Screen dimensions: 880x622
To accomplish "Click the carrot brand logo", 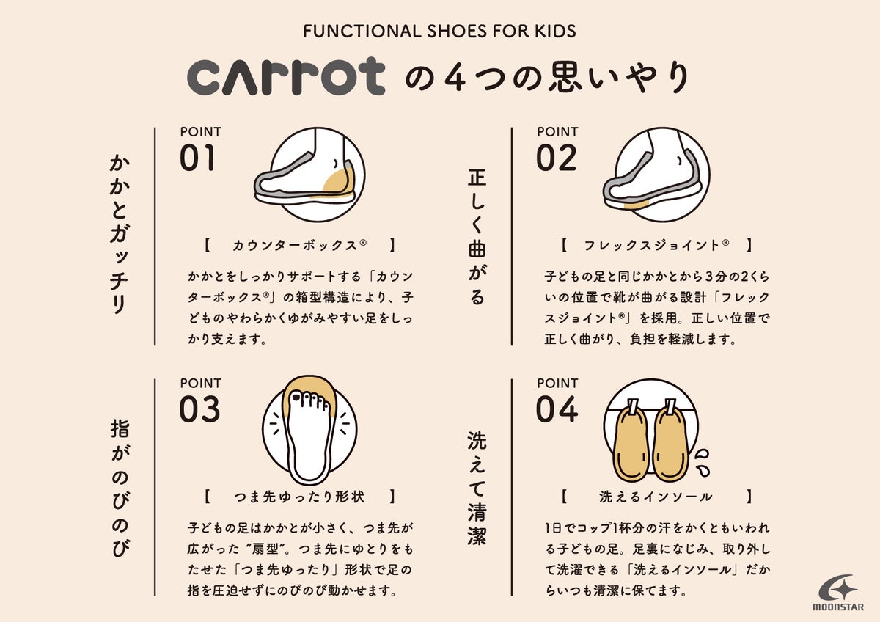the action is click(x=285, y=76).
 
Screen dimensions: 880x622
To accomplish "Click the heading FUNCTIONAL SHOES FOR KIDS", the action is click(x=439, y=32).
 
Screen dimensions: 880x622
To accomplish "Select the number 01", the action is click(x=197, y=158).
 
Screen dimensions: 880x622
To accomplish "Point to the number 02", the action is click(x=557, y=158).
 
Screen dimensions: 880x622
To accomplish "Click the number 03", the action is click(x=199, y=409).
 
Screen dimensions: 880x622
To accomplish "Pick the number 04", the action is click(x=557, y=409).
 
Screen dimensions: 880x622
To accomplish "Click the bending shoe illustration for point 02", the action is click(x=656, y=174).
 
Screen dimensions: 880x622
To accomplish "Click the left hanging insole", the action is click(x=631, y=442).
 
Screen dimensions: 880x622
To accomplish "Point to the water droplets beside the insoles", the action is click(x=703, y=462).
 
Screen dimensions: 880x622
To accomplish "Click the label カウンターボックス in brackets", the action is click(x=299, y=246).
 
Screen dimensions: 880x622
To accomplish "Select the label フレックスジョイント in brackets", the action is click(x=656, y=246).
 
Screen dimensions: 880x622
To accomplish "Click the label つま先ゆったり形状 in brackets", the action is click(x=299, y=497).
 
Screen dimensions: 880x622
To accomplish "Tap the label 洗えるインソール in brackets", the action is click(x=656, y=497).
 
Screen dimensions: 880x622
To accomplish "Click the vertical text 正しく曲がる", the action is click(x=477, y=238).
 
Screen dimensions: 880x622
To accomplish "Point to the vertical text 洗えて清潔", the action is click(x=477, y=489).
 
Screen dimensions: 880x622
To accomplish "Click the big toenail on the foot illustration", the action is click(x=296, y=398).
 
